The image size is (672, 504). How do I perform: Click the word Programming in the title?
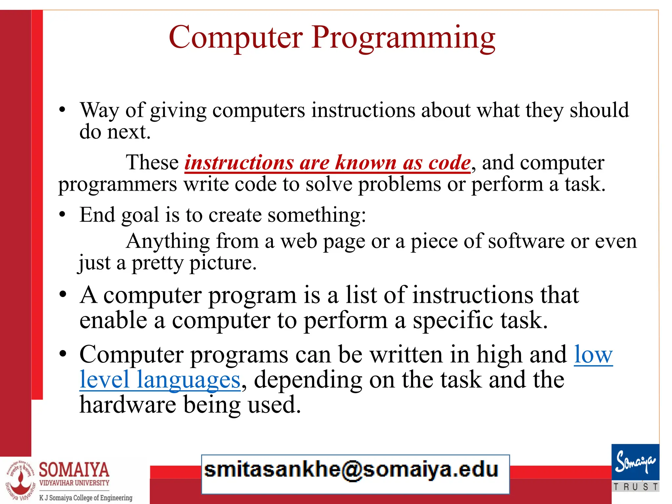403,37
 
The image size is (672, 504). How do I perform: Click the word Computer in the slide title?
236,37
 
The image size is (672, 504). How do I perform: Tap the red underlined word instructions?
239,163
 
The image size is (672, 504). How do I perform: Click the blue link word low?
593,355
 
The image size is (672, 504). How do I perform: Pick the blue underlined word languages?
188,380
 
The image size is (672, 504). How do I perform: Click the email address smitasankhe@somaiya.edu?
351,470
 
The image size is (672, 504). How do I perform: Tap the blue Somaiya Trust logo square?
635,462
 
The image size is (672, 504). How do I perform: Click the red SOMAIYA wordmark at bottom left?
74,470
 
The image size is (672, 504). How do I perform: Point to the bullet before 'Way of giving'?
62,110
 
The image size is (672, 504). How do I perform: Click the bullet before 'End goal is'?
62,215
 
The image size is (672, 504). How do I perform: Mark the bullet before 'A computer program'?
63,294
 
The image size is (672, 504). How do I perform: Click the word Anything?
168,241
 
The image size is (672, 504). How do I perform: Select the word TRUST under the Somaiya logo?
635,487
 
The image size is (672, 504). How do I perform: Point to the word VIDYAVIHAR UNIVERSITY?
74,483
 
